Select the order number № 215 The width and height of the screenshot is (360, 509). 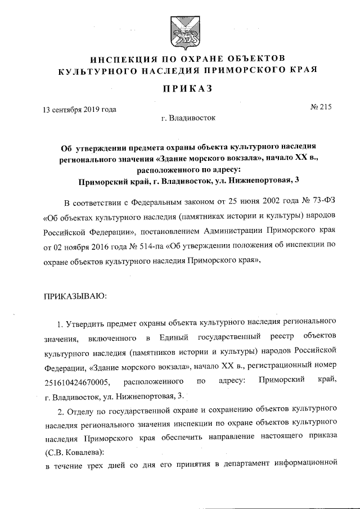[x=321, y=109]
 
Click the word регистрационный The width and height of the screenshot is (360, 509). [x=273, y=367]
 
